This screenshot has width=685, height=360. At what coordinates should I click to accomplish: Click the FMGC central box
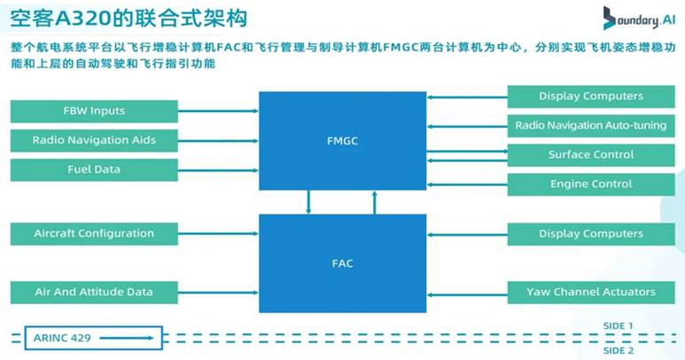click(341, 140)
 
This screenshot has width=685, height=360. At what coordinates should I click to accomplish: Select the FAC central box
click(341, 262)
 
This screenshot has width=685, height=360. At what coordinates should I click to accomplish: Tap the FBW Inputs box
click(94, 111)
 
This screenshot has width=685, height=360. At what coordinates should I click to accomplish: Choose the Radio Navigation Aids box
click(94, 140)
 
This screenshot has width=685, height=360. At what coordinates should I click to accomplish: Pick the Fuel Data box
click(94, 169)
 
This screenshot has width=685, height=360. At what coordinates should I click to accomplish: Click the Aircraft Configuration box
click(94, 234)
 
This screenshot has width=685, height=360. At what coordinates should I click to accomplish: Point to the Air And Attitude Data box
click(94, 292)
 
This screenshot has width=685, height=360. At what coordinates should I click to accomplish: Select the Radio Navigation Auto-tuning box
click(590, 125)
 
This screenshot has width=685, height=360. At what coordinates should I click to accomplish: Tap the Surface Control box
click(590, 154)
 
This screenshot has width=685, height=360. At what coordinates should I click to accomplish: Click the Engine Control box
click(590, 184)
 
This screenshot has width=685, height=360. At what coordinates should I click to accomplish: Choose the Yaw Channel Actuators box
click(590, 292)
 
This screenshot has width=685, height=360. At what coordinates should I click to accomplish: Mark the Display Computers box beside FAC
click(590, 234)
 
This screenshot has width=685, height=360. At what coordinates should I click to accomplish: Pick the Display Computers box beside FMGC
click(590, 96)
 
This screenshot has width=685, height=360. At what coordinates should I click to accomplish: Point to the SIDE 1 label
click(618, 325)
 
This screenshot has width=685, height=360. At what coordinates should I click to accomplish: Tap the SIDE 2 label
click(618, 350)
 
